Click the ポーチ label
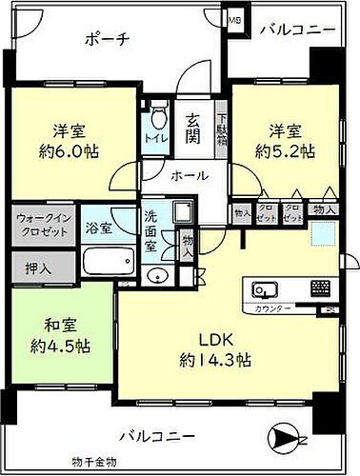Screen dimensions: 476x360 107,39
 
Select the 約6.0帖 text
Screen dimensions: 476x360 70,149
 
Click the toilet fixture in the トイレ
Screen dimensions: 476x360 157,121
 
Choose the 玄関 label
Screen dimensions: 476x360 192,129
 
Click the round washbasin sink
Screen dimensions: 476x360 159,276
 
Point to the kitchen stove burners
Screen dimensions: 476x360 320,288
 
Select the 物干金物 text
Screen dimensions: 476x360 93,463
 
